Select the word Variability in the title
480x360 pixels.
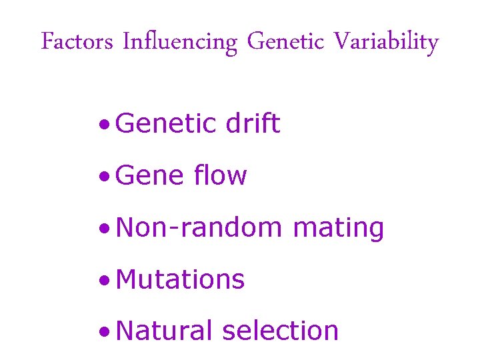coord(386,43)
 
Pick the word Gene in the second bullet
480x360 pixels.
coord(149,176)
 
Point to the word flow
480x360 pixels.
coord(221,176)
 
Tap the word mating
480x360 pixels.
coord(339,229)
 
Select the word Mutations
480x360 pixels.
coord(180,280)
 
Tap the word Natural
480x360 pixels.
coord(163,331)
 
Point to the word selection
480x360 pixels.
coord(281,331)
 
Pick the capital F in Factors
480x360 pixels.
coord(47,42)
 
